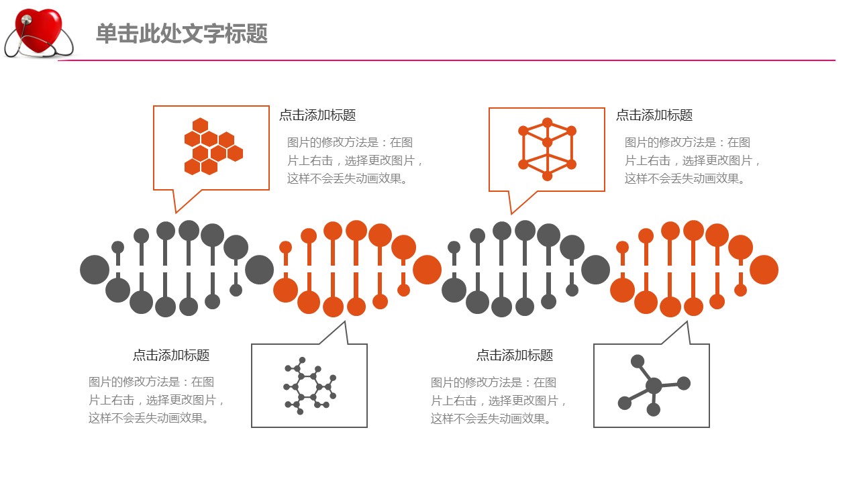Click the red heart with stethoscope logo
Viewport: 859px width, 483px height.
coord(39,32)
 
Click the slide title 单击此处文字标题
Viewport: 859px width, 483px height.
coord(181,34)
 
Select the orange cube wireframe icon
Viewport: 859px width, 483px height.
coord(547,149)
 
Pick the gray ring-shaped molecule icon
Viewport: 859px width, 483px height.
coord(309,386)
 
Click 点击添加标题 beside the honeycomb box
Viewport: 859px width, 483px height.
coord(317,115)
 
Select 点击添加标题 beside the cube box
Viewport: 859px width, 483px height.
coord(654,115)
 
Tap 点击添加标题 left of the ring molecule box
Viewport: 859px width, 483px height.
coord(171,356)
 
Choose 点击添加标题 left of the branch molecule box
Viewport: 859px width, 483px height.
coord(515,356)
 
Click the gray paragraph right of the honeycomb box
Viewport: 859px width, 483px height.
coord(355,161)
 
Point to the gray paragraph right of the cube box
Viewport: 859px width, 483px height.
coord(693,161)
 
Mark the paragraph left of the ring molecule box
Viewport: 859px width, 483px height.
coord(156,400)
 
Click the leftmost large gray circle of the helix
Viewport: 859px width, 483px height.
coord(95,270)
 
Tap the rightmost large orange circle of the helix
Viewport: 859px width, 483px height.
coord(764,270)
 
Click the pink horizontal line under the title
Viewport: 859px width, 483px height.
coord(446,60)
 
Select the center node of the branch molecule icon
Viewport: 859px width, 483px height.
coord(654,386)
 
